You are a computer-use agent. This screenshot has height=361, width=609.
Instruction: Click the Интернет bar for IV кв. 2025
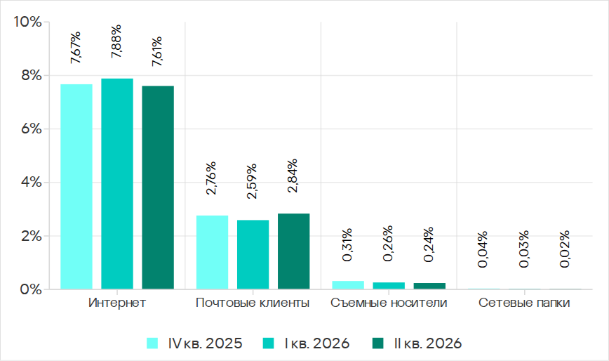(76, 187)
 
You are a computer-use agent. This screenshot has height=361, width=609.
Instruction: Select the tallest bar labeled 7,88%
(117, 184)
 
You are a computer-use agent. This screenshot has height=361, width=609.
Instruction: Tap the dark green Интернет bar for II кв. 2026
(158, 188)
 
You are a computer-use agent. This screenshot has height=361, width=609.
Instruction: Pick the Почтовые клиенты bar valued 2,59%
(253, 254)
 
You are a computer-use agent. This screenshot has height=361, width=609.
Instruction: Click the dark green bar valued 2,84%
(293, 251)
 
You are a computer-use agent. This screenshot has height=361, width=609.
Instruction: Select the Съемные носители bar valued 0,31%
(348, 285)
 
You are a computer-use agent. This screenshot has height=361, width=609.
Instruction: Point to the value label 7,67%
(76, 47)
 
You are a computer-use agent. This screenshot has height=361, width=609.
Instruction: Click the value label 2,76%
(211, 178)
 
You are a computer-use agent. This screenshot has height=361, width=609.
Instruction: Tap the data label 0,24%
(429, 244)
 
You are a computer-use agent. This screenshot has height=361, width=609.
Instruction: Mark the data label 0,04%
(483, 249)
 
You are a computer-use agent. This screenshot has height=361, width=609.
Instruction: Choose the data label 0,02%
(565, 249)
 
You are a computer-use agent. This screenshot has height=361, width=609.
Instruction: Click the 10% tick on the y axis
(27, 22)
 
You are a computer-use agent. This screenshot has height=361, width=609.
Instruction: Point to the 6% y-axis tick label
(31, 129)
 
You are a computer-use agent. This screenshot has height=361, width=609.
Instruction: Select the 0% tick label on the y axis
(31, 289)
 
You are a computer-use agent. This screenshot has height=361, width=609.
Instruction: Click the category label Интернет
(117, 303)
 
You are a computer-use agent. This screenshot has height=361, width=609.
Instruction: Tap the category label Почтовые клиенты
(253, 303)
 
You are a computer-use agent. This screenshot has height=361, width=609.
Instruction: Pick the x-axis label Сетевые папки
(524, 303)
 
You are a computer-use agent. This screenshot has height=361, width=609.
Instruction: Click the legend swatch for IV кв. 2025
(152, 343)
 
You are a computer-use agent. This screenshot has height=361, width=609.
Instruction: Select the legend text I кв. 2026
(317, 343)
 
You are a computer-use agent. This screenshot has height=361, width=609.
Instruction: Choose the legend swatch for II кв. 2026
(378, 343)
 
